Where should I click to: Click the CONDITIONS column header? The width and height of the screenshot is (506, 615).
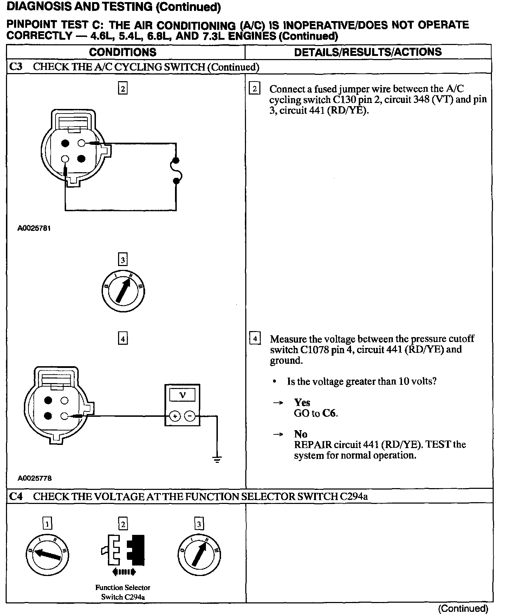click(123, 52)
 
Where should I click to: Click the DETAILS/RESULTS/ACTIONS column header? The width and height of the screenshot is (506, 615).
click(368, 52)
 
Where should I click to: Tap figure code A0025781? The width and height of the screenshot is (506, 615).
click(34, 228)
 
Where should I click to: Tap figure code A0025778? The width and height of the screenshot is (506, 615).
click(35, 478)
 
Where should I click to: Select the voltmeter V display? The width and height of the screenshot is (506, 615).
click(182, 395)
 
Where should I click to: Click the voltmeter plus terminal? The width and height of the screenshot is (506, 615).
click(175, 416)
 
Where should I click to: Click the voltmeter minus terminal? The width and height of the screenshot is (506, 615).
click(190, 416)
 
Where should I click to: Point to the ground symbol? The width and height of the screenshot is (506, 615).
click(217, 459)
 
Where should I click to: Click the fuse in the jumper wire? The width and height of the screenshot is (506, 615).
click(176, 171)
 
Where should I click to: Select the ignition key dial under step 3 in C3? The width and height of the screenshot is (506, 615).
click(123, 291)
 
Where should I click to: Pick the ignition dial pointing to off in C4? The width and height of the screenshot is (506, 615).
click(47, 555)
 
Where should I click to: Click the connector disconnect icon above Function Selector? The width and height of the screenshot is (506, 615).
click(123, 550)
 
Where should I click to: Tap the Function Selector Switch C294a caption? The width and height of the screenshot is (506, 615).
click(123, 592)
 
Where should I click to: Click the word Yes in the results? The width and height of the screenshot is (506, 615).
click(302, 402)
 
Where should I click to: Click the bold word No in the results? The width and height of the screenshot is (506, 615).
click(300, 434)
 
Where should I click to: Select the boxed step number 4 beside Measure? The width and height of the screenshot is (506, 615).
click(255, 339)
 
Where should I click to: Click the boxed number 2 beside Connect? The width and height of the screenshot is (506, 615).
click(254, 89)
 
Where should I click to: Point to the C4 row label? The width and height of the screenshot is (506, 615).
click(16, 496)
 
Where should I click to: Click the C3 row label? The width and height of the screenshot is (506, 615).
click(16, 67)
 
